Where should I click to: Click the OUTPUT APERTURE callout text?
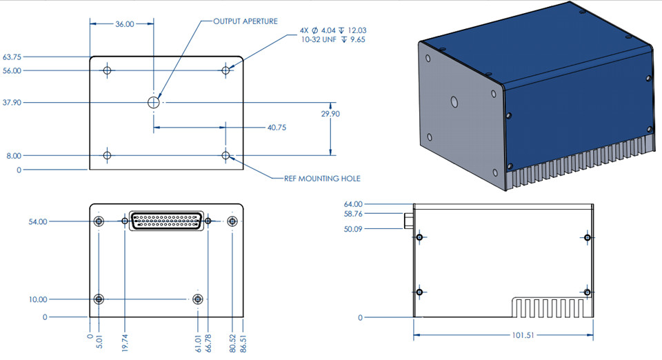[x=245, y=21]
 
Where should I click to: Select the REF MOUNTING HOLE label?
[x=322, y=179]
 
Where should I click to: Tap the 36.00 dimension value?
[x=125, y=24]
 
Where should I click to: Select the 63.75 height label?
[x=12, y=57]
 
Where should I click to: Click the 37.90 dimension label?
[x=12, y=102]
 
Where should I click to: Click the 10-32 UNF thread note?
[x=333, y=39]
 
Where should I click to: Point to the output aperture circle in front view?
[x=154, y=102]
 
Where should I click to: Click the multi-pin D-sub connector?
[x=165, y=221]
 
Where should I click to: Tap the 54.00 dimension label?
[x=38, y=221]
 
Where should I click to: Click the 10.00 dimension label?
[x=38, y=299]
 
